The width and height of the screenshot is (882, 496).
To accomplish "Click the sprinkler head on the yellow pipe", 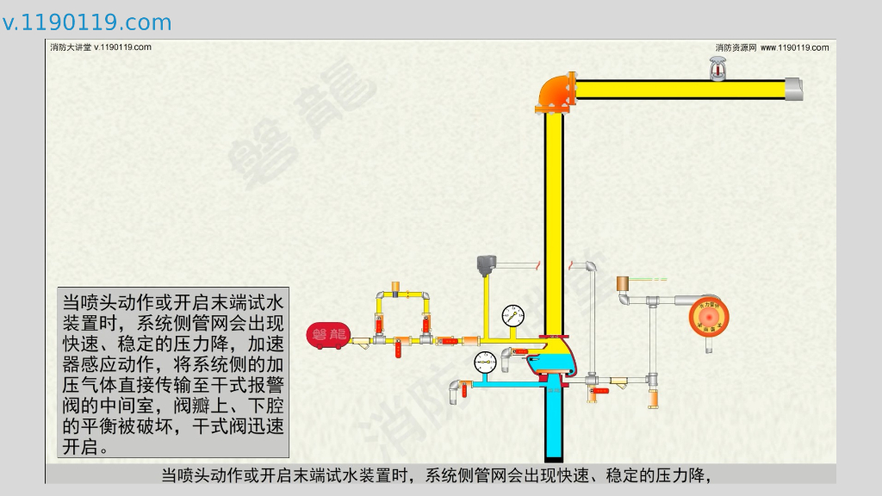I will [716, 70].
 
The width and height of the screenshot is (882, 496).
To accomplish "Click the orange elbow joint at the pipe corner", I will [556, 91].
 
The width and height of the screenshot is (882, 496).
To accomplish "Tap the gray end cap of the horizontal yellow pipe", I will [793, 89].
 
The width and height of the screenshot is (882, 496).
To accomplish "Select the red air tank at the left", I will [326, 336].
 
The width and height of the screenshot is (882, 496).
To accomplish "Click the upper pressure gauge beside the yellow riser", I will [512, 314].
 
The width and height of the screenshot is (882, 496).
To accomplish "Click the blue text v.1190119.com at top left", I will [87, 22].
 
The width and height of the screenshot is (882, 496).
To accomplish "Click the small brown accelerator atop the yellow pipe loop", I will [395, 286].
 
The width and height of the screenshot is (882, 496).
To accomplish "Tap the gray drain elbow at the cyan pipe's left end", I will [453, 394].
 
